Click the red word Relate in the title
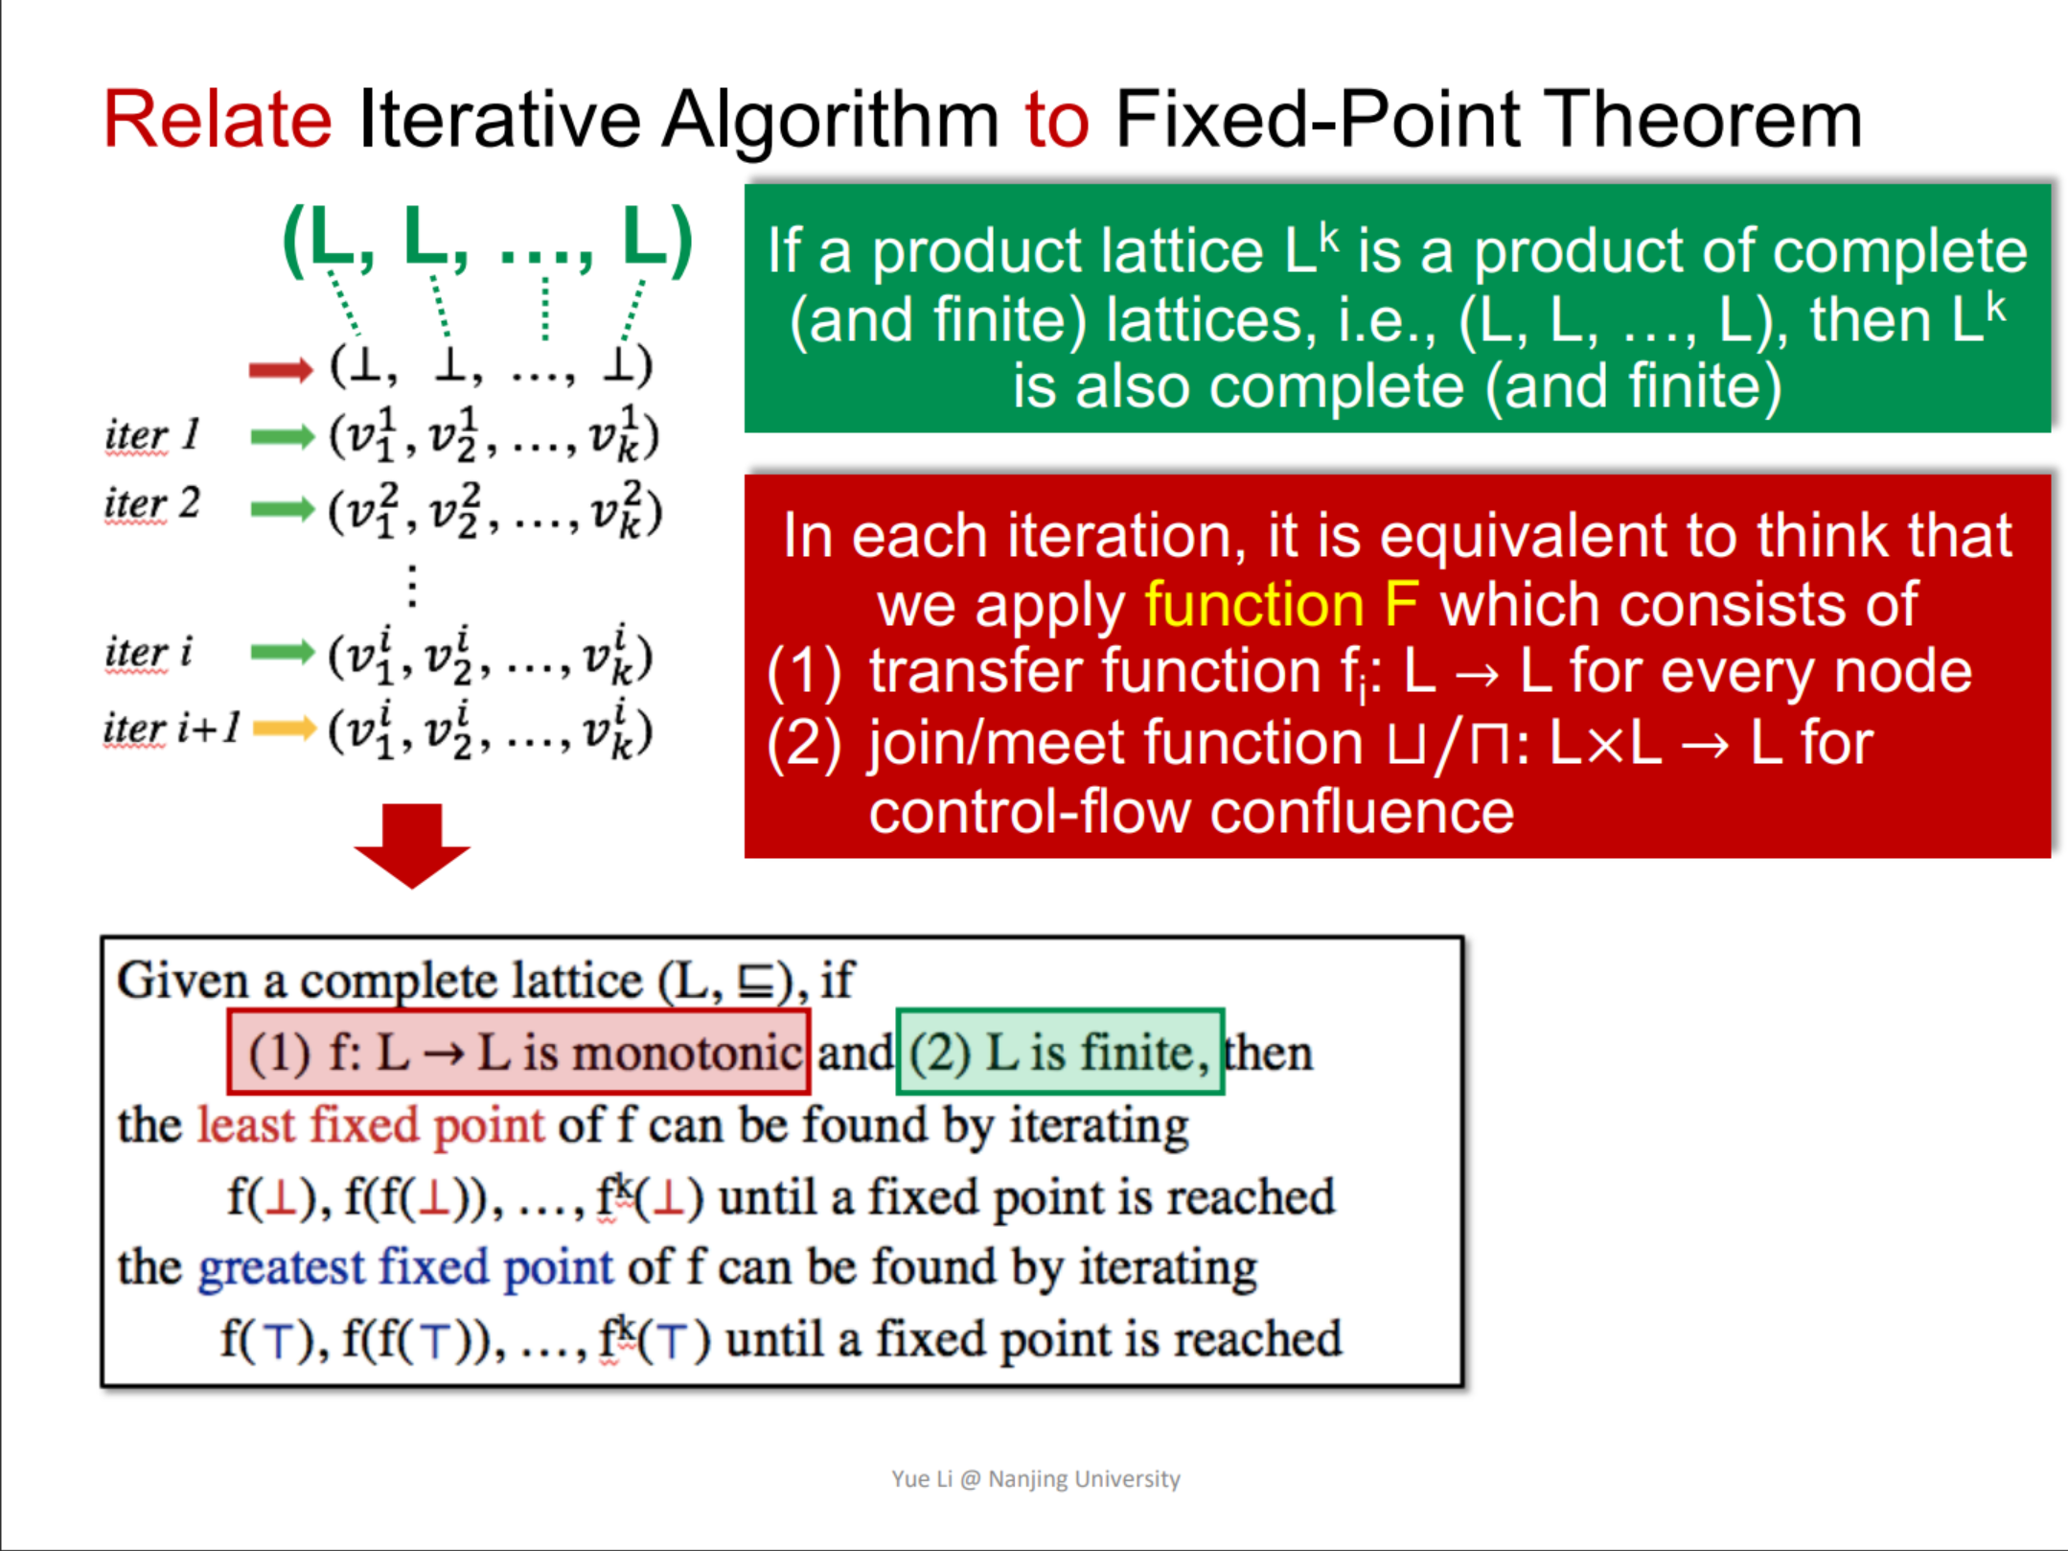pos(218,120)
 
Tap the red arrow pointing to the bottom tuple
pos(281,369)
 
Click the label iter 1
pos(151,435)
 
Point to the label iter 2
pos(151,504)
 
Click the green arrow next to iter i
pos(282,653)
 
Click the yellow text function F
pos(1281,605)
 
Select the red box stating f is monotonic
pos(518,1053)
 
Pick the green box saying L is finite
pos(1059,1053)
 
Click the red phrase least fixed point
pos(370,1125)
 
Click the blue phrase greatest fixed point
pos(404,1267)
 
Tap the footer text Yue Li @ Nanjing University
pos(1035,1479)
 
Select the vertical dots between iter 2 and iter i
pos(412,585)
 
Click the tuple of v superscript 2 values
pos(494,511)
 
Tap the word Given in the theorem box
pos(182,981)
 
